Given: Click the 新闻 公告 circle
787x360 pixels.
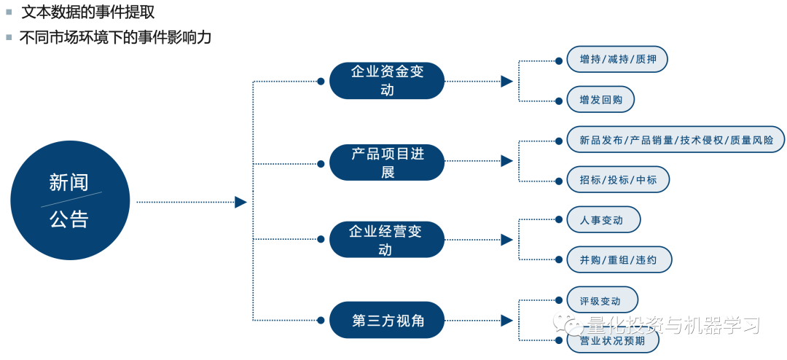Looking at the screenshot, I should coord(70,200).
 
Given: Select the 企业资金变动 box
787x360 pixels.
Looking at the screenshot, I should coord(386,80).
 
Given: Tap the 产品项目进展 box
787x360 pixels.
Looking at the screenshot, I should coord(386,162).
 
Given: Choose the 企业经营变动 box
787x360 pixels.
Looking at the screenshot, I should coord(386,240).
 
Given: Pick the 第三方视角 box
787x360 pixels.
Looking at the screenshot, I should coord(386,320).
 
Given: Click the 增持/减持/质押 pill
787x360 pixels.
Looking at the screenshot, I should coord(616,60).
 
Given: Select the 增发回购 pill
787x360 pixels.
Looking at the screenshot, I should coord(600,100).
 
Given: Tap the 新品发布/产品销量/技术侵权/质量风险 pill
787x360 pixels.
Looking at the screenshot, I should coord(676,140).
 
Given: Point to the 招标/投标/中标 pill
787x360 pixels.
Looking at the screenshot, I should coord(617,179).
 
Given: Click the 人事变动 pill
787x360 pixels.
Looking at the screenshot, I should coord(603,219).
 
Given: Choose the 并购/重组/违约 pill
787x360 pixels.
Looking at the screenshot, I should coord(619,259).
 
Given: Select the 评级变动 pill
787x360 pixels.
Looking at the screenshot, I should coord(601,300).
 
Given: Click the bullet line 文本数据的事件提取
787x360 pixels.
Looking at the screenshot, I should coord(87,12).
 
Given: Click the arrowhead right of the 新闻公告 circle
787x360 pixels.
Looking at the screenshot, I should coord(240,202).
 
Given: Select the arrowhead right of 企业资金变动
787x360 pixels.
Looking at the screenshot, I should coord(506,81).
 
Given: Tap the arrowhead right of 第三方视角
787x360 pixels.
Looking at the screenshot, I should coord(506,320).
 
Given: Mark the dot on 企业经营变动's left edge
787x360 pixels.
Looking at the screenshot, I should coord(321,240).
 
